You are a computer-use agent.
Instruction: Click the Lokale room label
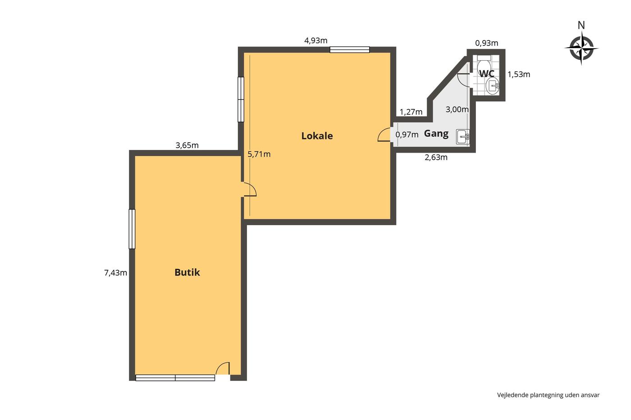(317, 136)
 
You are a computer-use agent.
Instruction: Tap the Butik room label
(187, 272)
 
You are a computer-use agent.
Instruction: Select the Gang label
(436, 134)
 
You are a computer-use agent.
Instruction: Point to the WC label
(486, 74)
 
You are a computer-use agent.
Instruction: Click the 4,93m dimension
(316, 41)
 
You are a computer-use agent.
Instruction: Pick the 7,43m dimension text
(115, 273)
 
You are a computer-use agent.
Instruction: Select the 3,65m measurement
(187, 145)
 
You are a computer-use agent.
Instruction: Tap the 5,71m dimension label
(259, 154)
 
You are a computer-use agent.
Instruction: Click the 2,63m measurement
(436, 158)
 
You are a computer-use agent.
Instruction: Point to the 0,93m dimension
(486, 43)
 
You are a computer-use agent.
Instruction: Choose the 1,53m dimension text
(519, 74)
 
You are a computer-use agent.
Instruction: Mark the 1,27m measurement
(411, 112)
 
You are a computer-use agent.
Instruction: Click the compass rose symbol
(581, 48)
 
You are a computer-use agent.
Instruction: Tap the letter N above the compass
(581, 25)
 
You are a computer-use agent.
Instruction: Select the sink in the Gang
(462, 137)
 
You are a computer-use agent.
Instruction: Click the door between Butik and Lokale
(249, 190)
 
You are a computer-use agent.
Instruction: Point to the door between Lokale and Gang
(384, 135)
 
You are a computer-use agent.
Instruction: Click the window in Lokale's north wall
(350, 50)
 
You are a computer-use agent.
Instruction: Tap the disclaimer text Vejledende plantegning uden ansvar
(548, 395)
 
